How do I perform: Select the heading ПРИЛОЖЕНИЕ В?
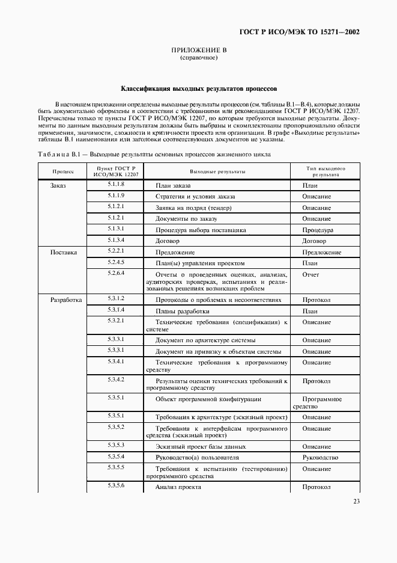point(198,51)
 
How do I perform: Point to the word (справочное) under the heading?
point(198,58)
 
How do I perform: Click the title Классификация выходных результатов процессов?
point(198,88)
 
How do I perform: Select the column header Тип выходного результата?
point(325,171)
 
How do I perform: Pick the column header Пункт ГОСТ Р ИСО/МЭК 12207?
point(116,171)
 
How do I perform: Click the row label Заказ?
point(58,186)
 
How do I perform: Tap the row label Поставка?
point(63,253)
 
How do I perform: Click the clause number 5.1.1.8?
point(116,184)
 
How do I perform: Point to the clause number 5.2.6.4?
point(116,272)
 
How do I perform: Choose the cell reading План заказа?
point(173,186)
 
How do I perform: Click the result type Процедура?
point(318,230)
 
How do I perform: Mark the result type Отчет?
point(311,274)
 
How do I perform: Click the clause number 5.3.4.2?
point(116,379)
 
